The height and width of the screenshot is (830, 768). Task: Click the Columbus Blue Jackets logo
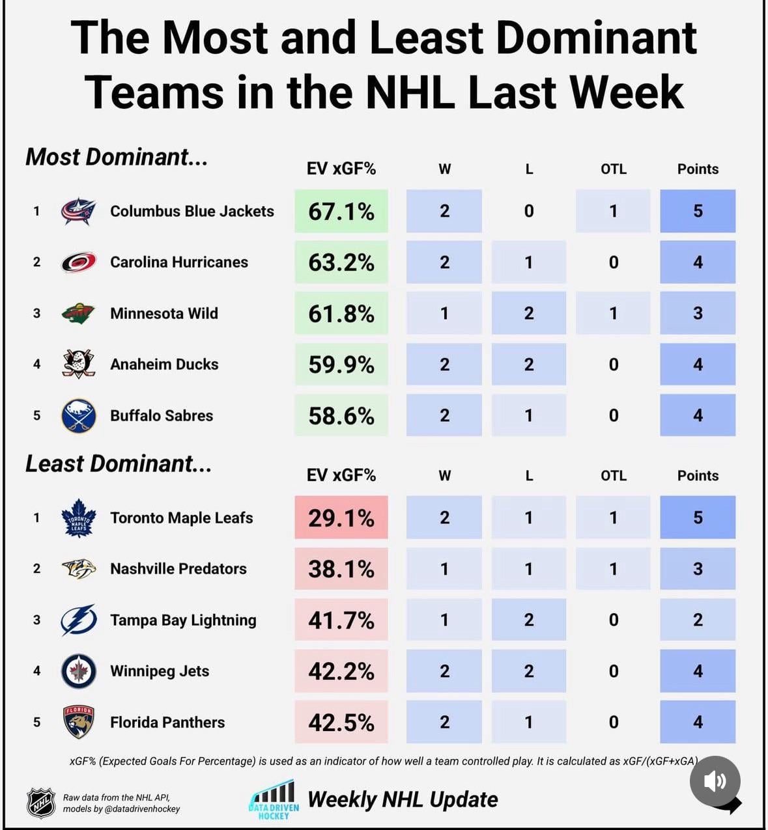[x=78, y=212]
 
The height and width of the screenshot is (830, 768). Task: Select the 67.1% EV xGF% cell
[x=341, y=212]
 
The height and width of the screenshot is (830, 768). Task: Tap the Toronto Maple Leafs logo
[x=78, y=518]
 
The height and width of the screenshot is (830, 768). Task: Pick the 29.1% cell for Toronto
[x=341, y=518]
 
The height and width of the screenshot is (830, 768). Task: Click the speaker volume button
[x=715, y=781]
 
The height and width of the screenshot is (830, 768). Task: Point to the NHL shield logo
[x=40, y=803]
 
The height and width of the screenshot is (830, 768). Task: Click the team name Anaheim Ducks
[x=164, y=365]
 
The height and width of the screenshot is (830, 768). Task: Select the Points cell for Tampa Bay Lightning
[x=697, y=620]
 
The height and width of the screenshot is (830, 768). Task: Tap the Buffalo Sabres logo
[x=78, y=416]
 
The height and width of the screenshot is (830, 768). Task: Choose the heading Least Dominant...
[x=118, y=464]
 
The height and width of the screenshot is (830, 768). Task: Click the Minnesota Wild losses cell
[x=528, y=314]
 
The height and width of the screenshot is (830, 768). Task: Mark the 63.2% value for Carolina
[x=341, y=262]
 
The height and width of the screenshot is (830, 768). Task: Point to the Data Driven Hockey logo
[x=274, y=799]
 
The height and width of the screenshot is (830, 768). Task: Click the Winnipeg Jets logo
[x=78, y=671]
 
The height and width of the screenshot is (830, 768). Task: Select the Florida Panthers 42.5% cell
[x=341, y=723]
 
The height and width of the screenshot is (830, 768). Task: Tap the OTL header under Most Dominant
[x=613, y=169]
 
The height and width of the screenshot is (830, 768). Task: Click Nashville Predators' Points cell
[x=697, y=569]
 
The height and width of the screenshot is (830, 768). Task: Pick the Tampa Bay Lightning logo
[x=78, y=620]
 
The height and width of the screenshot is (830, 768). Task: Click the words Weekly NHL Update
[x=403, y=799]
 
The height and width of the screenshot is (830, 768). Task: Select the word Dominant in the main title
[x=596, y=38]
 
